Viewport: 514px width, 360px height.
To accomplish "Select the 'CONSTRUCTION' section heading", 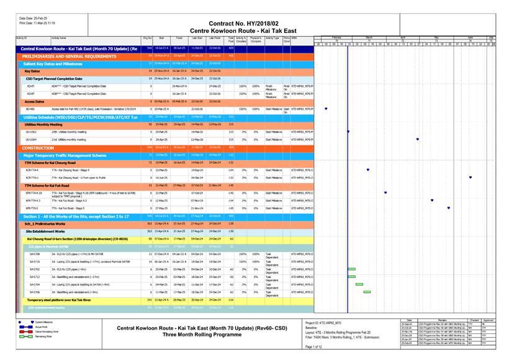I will pos(38,148).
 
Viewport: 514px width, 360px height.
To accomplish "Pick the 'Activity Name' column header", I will pos(59,38).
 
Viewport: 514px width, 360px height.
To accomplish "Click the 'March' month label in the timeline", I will pos(369,38).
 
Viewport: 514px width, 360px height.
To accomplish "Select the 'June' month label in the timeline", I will pos(470,38).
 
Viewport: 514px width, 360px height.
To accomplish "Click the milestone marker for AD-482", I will pos(326,109).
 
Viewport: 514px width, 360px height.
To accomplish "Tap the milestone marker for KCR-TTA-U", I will pos(470,178).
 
